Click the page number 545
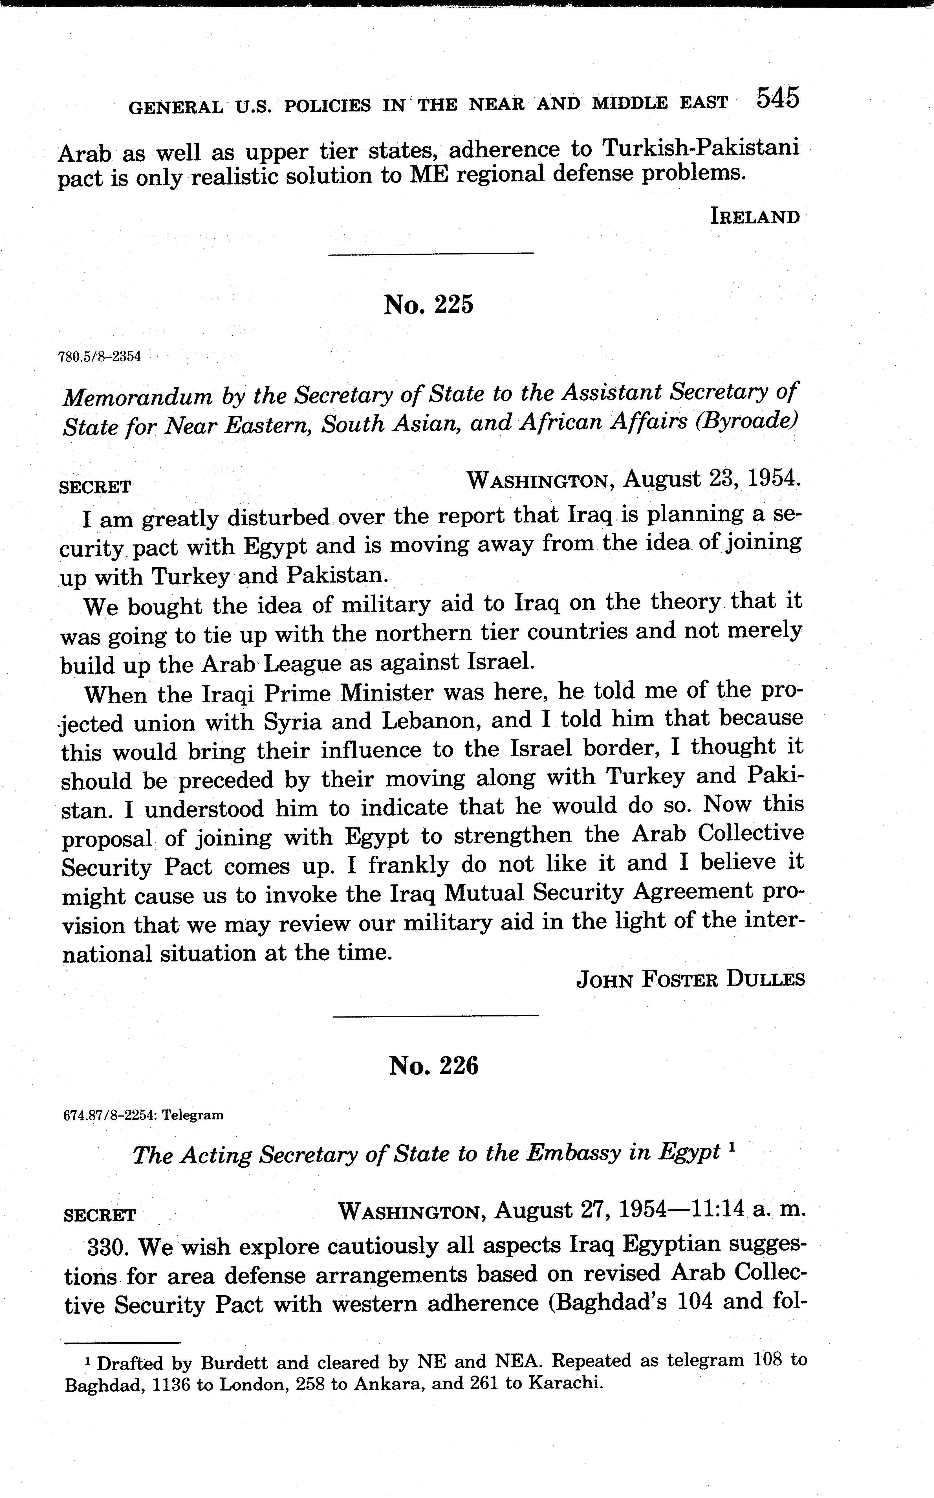[778, 98]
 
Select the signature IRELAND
[755, 217]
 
